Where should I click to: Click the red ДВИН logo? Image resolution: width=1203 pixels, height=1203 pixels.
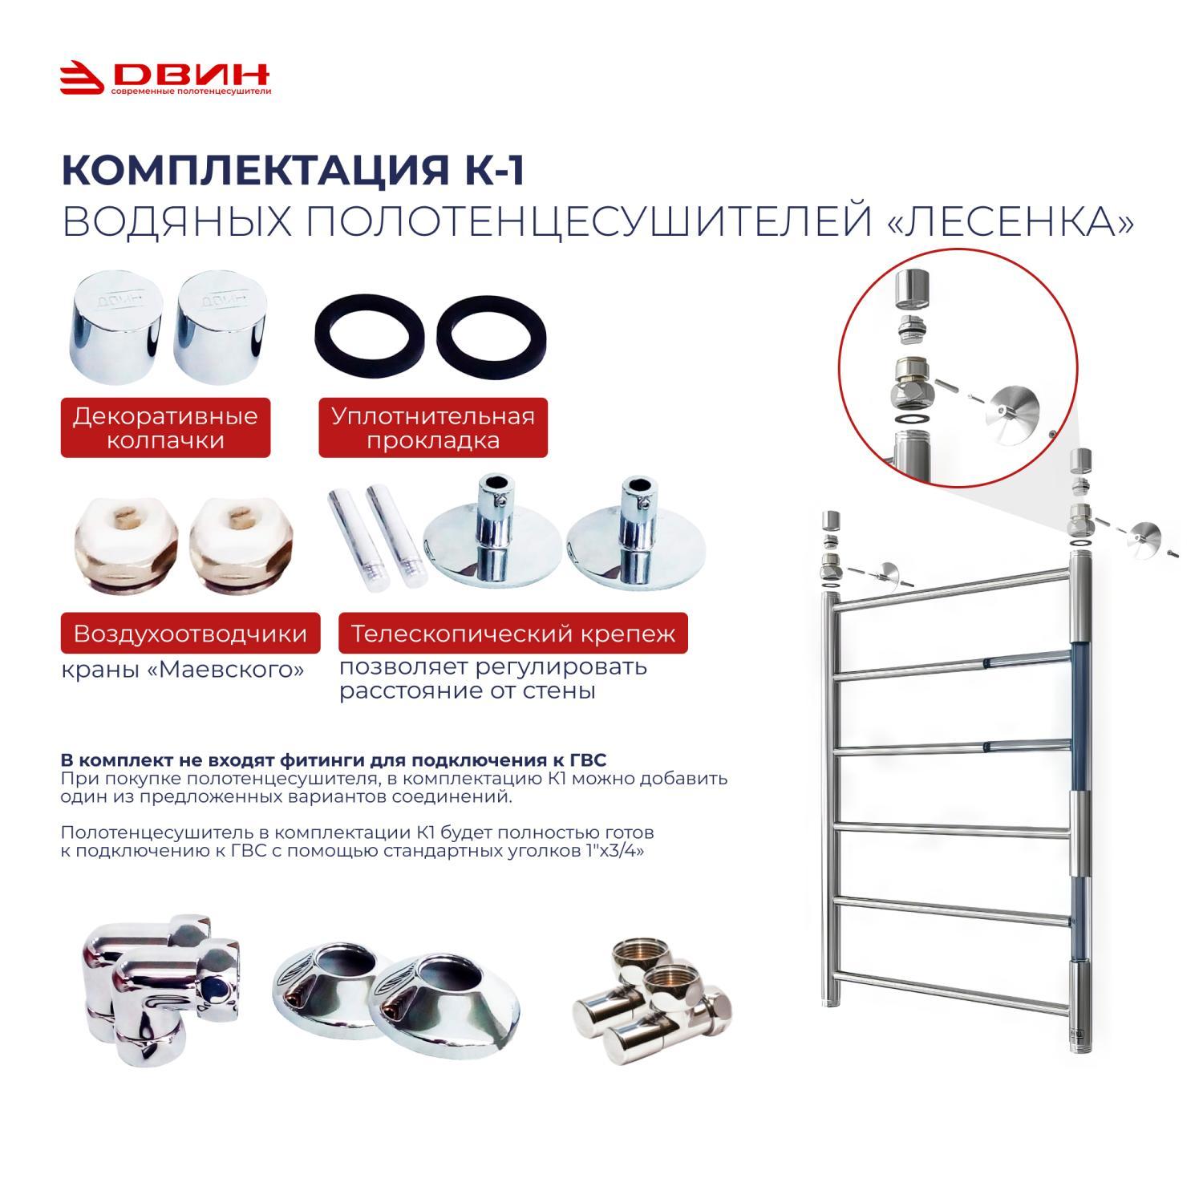coord(165,79)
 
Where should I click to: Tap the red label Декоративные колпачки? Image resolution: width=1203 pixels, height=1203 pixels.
coord(165,427)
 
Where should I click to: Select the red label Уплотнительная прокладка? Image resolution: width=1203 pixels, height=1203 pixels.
coord(433,427)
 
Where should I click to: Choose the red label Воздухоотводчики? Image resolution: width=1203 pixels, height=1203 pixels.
coord(190,634)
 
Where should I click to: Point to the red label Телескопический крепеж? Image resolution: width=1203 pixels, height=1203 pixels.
coord(513,634)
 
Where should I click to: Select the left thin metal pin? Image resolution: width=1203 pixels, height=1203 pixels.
coord(344,537)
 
